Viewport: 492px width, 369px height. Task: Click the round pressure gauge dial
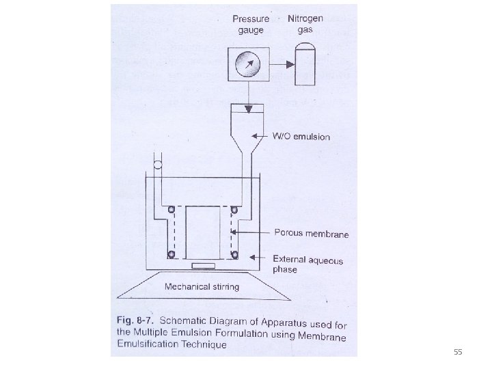pyautogui.click(x=247, y=65)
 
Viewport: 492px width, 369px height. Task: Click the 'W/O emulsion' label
pyautogui.click(x=301, y=137)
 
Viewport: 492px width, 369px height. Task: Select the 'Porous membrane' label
pyautogui.click(x=311, y=234)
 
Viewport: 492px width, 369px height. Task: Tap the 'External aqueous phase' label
pyautogui.click(x=307, y=264)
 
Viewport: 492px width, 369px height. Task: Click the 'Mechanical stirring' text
pyautogui.click(x=202, y=286)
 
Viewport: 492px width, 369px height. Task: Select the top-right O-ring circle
pyautogui.click(x=234, y=208)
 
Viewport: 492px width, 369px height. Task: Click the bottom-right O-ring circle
pyautogui.click(x=234, y=255)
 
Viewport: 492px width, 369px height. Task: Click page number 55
pyautogui.click(x=458, y=353)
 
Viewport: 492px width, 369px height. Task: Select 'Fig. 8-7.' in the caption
pyautogui.click(x=136, y=321)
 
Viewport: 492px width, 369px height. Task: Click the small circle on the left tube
pyautogui.click(x=157, y=165)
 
